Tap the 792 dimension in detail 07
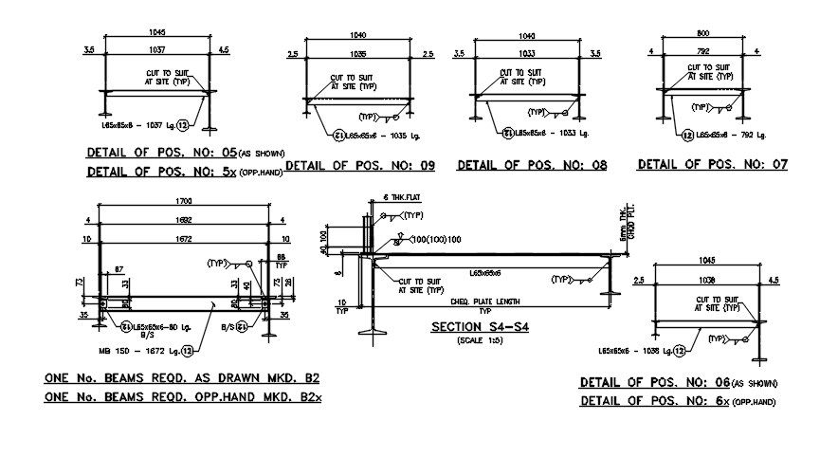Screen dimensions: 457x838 (x=702, y=51)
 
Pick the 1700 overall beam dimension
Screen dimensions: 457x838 (x=183, y=201)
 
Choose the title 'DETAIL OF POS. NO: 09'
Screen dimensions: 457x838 (x=360, y=166)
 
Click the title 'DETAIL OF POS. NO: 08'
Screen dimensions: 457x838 (x=532, y=165)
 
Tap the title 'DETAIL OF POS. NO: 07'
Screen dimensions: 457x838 (x=713, y=164)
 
